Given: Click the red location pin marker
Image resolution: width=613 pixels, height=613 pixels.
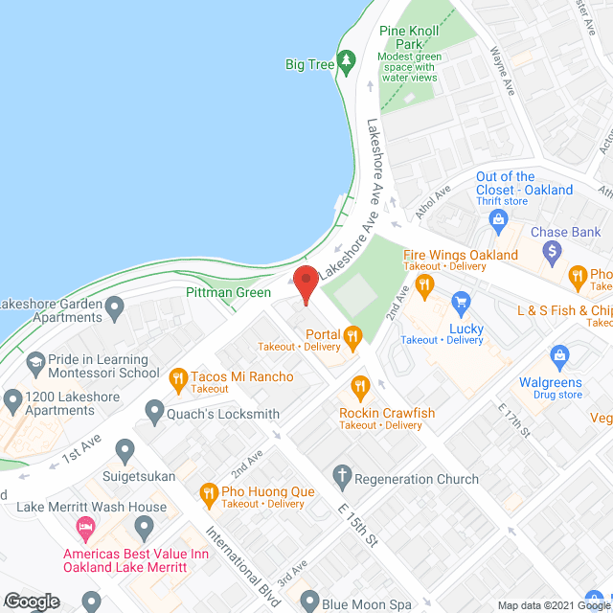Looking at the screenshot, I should tap(305, 285).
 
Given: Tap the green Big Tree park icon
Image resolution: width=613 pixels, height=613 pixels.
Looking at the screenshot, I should tap(347, 64).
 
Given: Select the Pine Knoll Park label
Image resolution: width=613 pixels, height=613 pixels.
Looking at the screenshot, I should tap(409, 37).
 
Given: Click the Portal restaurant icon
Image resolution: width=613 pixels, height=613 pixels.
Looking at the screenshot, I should tap(352, 334).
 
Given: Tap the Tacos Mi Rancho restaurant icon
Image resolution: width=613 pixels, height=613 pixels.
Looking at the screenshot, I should tap(177, 377).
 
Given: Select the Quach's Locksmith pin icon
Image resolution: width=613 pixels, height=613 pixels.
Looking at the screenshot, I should tap(154, 414).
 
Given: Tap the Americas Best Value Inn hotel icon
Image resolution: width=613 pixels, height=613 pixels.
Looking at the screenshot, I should tap(85, 528).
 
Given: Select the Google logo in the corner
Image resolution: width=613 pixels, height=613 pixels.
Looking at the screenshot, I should tap(32, 601).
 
